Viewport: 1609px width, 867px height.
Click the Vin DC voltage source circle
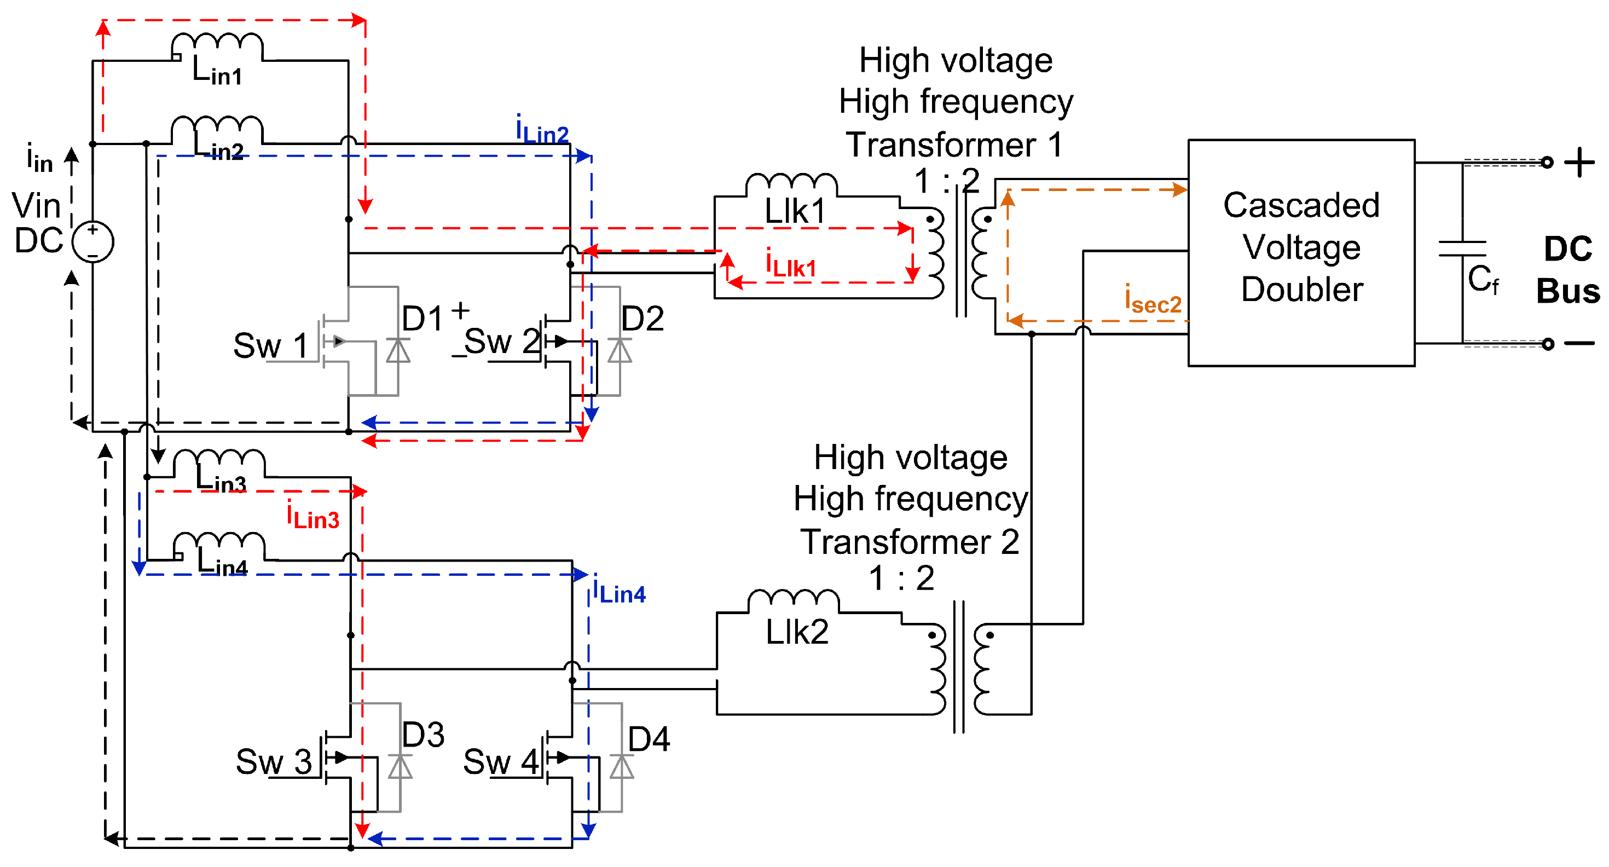(x=93, y=242)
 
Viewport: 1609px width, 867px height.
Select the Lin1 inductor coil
(x=217, y=47)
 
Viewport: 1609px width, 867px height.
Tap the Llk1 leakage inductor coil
(x=791, y=186)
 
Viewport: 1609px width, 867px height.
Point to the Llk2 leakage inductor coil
(x=793, y=601)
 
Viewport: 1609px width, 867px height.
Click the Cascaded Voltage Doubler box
(x=1301, y=253)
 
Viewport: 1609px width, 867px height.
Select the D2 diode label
(x=642, y=319)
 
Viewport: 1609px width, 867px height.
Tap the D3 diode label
(x=423, y=735)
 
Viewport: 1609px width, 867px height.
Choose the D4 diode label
(x=649, y=739)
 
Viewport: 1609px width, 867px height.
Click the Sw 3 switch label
(x=274, y=762)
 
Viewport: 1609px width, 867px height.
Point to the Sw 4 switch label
(x=501, y=762)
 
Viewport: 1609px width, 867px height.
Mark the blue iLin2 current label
(x=542, y=129)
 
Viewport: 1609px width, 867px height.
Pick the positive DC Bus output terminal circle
(x=1547, y=163)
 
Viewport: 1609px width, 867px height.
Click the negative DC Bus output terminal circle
(x=1548, y=344)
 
